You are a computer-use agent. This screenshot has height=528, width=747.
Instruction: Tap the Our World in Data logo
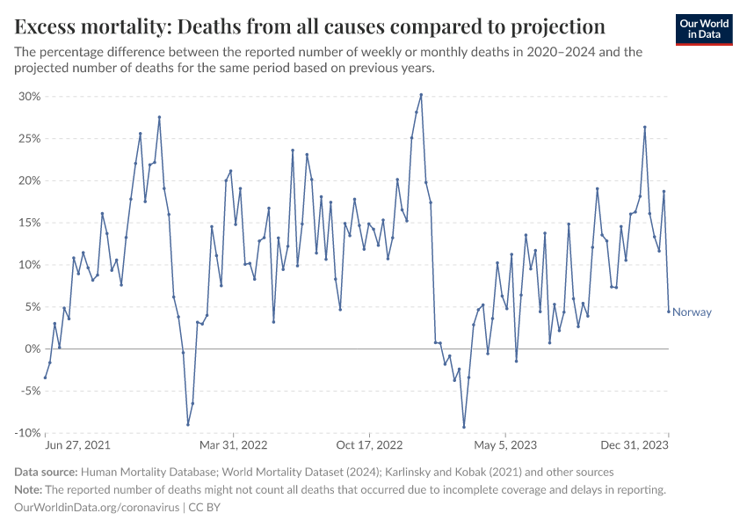point(704,29)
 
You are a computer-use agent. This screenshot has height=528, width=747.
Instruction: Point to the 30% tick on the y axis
point(29,97)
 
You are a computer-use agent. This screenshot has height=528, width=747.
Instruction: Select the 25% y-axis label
point(29,139)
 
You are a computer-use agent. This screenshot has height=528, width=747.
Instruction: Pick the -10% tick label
point(27,433)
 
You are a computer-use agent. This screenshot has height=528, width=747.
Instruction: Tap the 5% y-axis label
point(32,307)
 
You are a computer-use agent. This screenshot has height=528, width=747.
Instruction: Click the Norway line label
point(692,312)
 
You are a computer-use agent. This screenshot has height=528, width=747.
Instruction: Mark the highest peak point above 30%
point(421,94)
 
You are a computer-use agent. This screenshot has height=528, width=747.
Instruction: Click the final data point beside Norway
point(669,311)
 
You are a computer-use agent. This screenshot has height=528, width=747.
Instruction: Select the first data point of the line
point(45,378)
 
